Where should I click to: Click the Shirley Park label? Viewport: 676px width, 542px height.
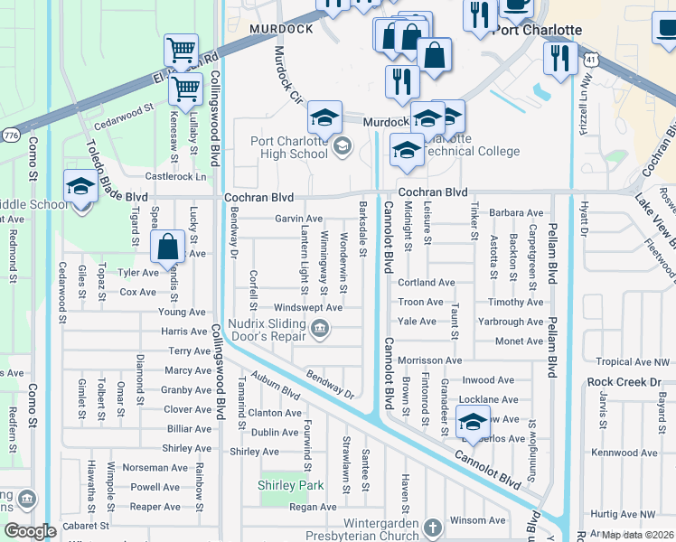point(290,486)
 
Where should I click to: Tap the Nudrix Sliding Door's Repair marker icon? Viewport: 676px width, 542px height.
point(318,336)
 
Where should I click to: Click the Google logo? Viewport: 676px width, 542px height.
point(30,532)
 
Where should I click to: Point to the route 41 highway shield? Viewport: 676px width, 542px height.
point(589,58)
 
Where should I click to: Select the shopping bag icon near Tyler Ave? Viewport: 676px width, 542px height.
point(167,247)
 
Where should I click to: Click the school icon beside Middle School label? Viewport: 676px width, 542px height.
point(80,188)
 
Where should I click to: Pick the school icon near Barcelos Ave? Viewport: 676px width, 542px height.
point(473,422)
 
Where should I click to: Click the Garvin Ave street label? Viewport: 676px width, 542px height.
point(299,220)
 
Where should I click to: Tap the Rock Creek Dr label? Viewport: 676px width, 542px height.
point(624,382)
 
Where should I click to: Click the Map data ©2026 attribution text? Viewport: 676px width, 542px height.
point(636,535)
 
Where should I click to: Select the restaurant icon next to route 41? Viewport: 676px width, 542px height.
point(560,59)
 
